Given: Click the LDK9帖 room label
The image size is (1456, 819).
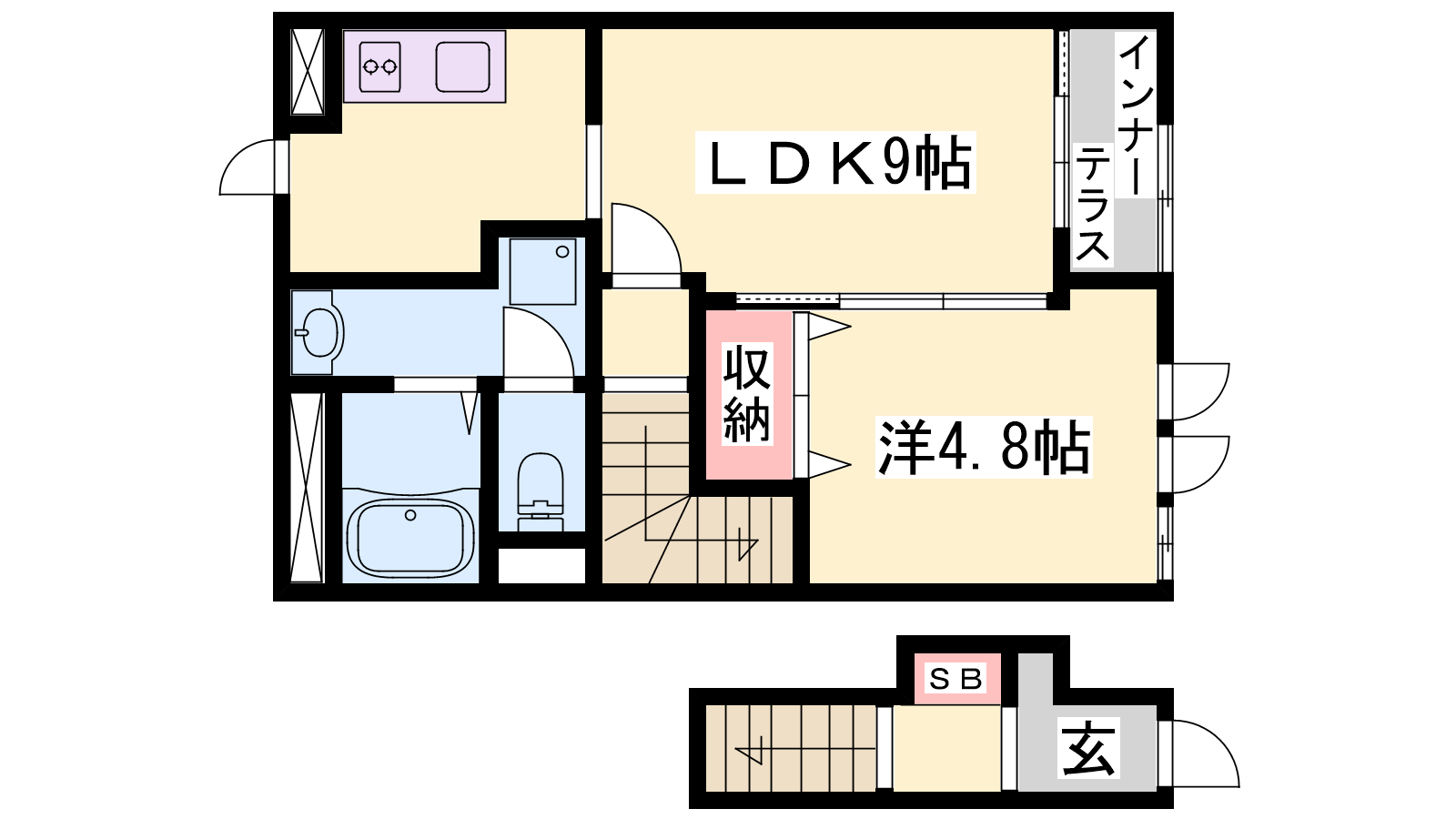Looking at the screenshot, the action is coord(836,163).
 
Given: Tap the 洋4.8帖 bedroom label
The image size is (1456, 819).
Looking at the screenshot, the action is coord(984,447).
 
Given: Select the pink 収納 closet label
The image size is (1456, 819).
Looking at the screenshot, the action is coord(747,394).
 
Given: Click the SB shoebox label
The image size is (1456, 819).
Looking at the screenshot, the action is coord(956,679).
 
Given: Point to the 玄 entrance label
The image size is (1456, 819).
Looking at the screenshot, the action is coord(1088,747).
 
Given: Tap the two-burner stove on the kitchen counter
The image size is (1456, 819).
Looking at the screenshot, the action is coord(379,66).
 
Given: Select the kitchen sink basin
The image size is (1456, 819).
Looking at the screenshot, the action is coord(463,66).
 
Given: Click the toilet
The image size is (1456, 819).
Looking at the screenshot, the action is coord(541,491).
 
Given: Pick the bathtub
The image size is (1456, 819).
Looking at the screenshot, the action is coord(410,539).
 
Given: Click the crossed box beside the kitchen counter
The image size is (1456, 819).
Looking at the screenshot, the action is coord(307,72).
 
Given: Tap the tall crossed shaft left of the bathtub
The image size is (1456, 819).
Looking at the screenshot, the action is coord(306,488).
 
